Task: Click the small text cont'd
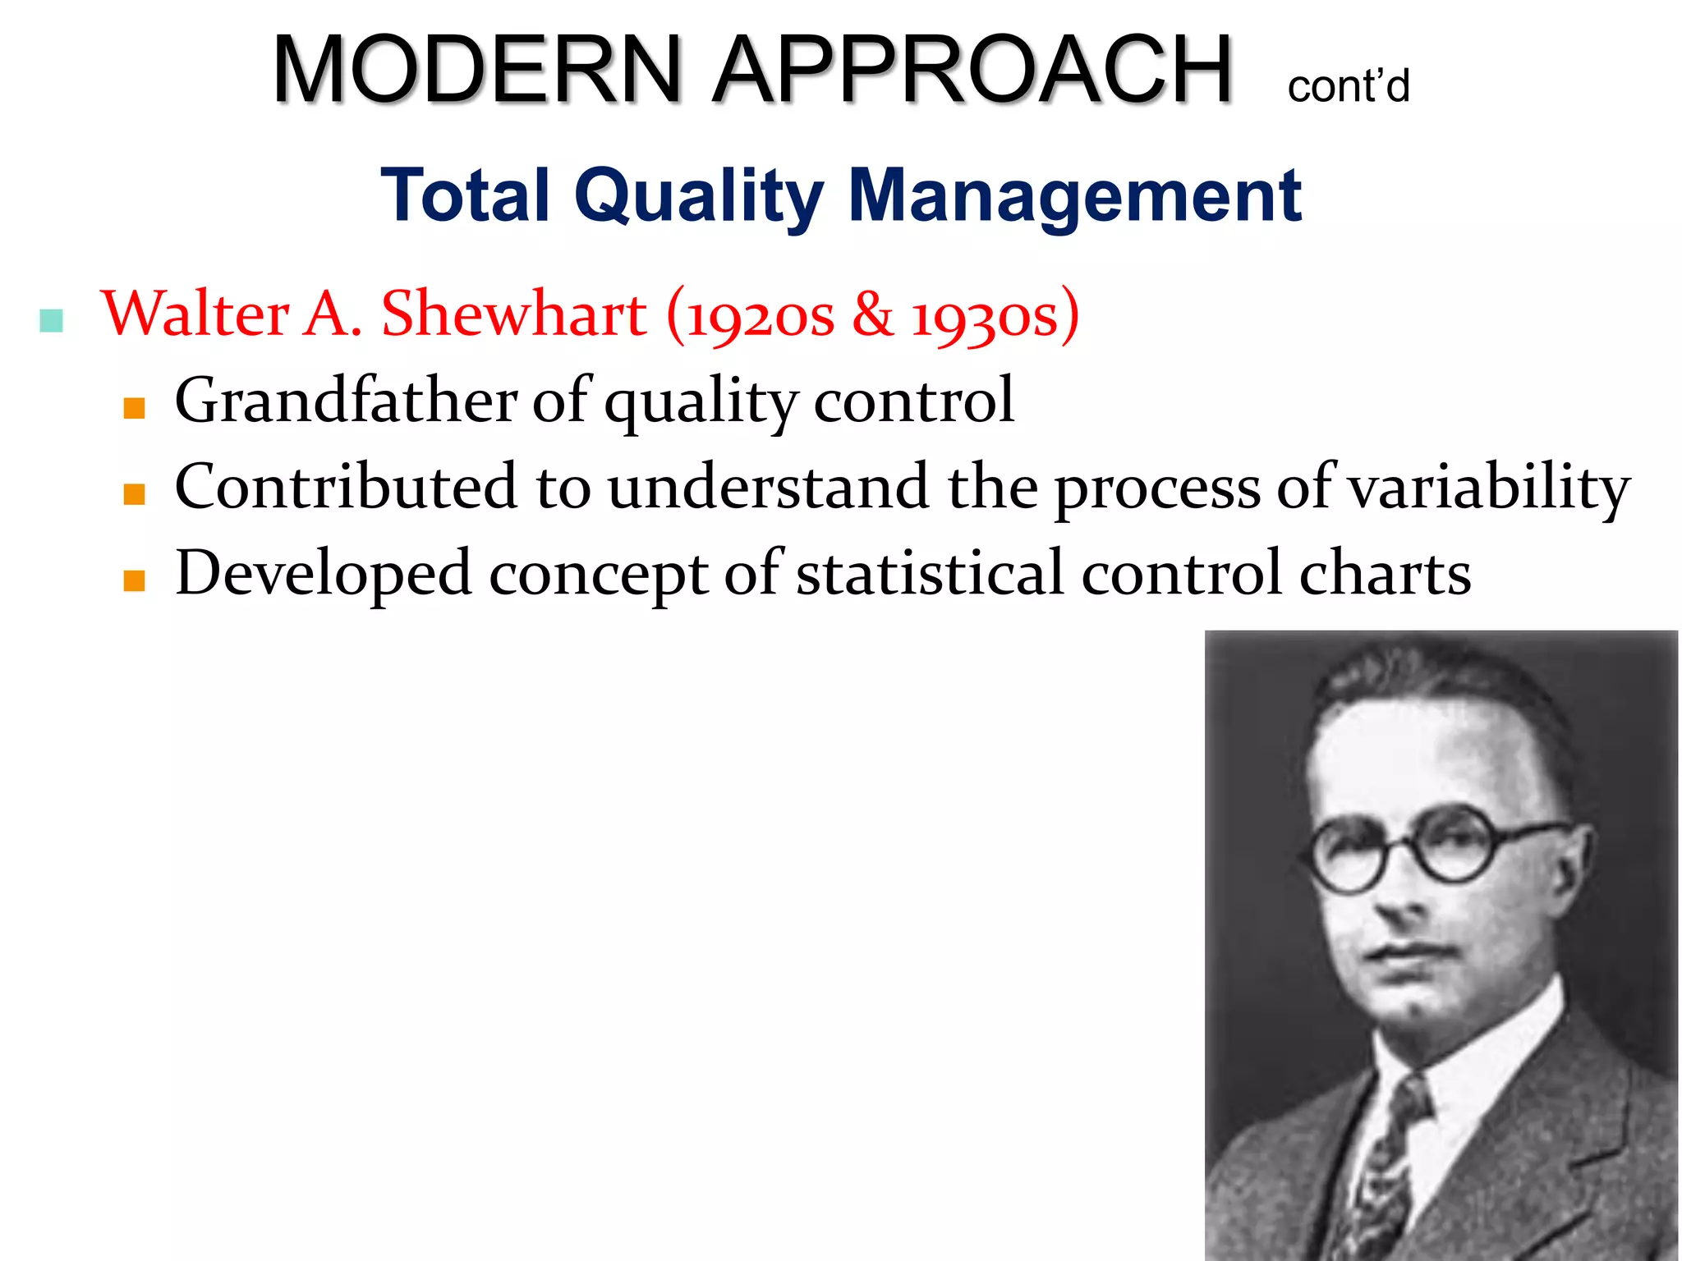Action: click(x=1348, y=87)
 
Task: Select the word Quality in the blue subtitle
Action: click(x=698, y=196)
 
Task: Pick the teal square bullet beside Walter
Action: click(x=52, y=321)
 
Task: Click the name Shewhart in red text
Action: click(x=514, y=314)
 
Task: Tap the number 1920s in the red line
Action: click(x=760, y=316)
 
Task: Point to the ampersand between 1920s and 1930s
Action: click(x=872, y=314)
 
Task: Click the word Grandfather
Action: click(x=346, y=401)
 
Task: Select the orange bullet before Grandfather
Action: click(x=135, y=408)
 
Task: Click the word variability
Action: click(x=1489, y=488)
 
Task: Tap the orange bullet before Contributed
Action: click(x=135, y=493)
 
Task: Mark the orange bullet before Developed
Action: click(x=135, y=580)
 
